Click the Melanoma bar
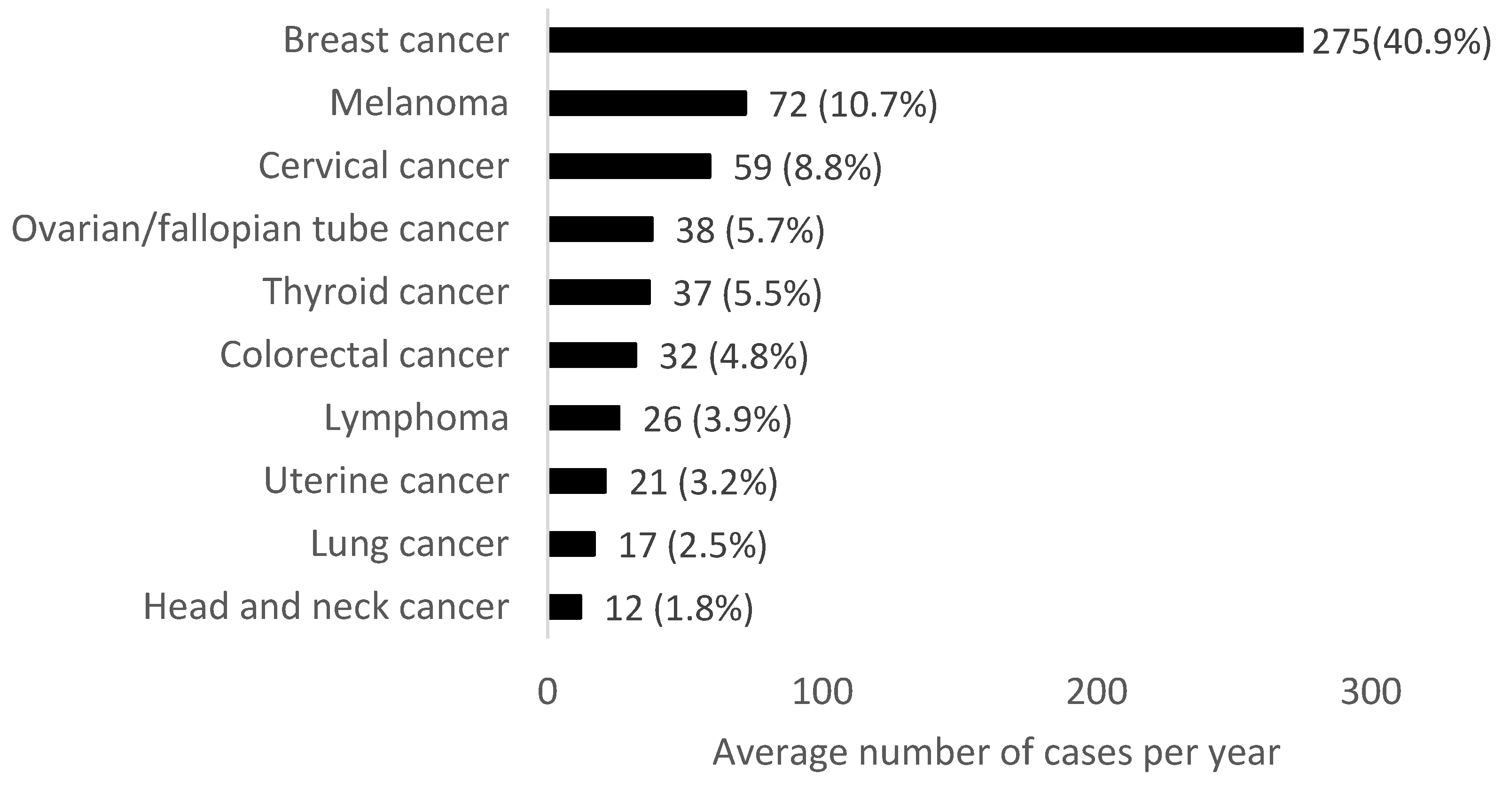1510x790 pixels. [x=648, y=103]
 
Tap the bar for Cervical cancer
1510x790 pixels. [x=630, y=166]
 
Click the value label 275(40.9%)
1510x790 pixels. [x=1401, y=42]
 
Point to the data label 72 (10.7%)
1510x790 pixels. [x=853, y=105]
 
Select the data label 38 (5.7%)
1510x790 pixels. [x=751, y=230]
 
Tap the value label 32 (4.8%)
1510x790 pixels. [x=734, y=356]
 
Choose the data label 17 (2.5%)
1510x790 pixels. [x=692, y=545]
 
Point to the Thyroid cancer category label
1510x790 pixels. [x=385, y=291]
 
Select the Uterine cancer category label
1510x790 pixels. [x=386, y=481]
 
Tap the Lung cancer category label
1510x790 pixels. [x=409, y=544]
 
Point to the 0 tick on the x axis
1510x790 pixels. [x=547, y=692]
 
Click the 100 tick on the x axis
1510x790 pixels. [x=822, y=692]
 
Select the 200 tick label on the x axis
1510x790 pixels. [x=1096, y=692]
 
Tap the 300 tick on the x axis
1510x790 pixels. [x=1370, y=692]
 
